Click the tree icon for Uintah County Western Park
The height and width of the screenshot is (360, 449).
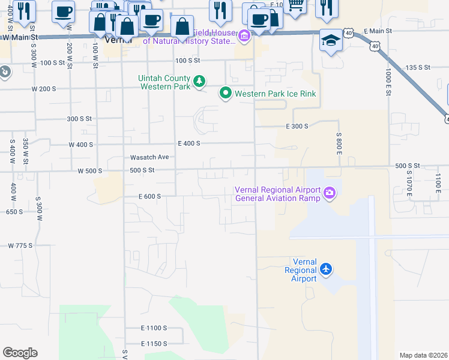click(199, 80)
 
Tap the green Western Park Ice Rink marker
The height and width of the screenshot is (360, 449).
click(225, 94)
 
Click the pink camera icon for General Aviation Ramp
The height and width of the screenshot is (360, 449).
click(329, 193)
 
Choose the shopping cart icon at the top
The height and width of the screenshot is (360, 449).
click(294, 5)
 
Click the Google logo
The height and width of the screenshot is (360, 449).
click(20, 353)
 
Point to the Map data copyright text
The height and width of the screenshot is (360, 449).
click(424, 355)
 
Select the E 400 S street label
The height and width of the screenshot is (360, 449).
click(188, 143)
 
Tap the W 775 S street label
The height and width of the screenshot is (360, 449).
click(22, 246)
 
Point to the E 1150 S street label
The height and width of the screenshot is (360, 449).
click(154, 344)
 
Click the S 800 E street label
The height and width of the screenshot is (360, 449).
click(339, 144)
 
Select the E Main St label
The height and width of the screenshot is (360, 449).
click(378, 30)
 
